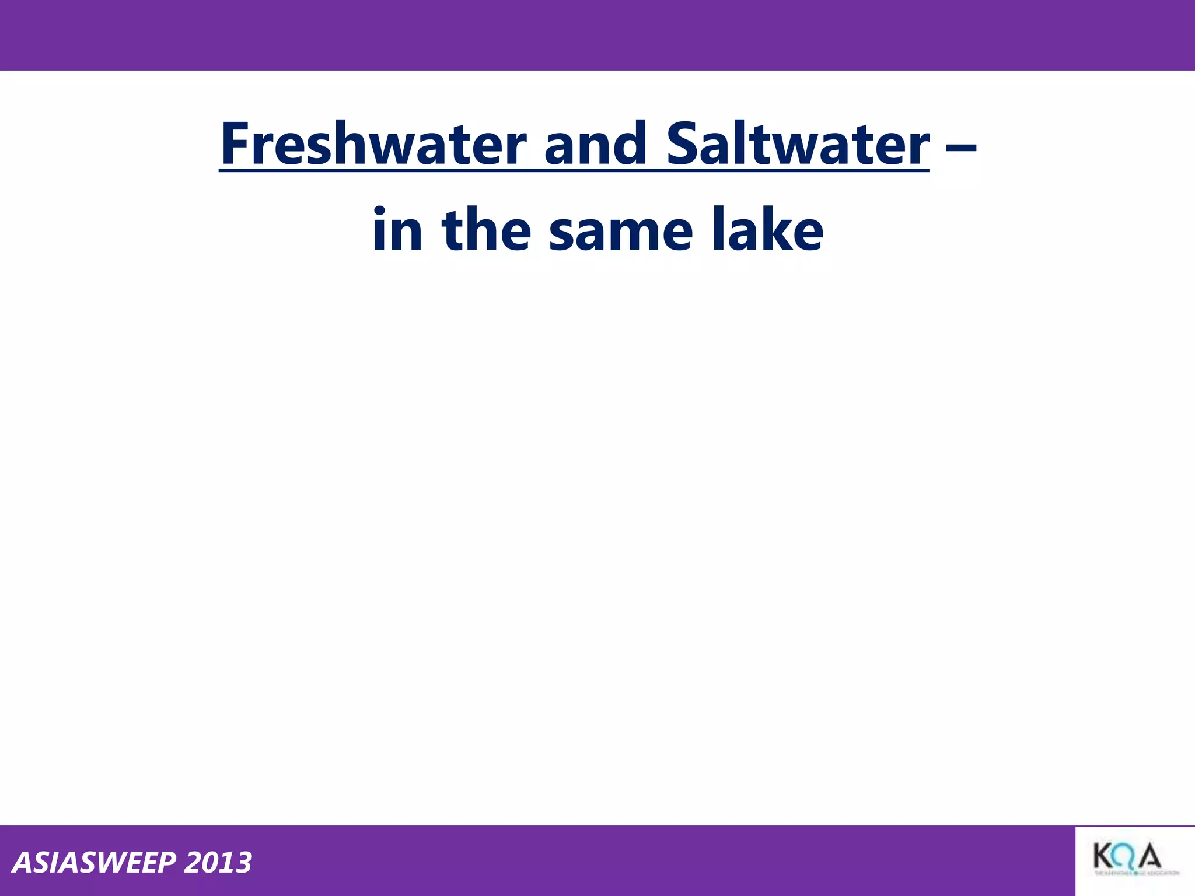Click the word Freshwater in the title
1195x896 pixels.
point(373,143)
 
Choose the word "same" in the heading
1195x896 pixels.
point(621,232)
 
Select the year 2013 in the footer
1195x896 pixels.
point(218,863)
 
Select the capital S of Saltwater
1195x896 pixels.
point(682,143)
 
